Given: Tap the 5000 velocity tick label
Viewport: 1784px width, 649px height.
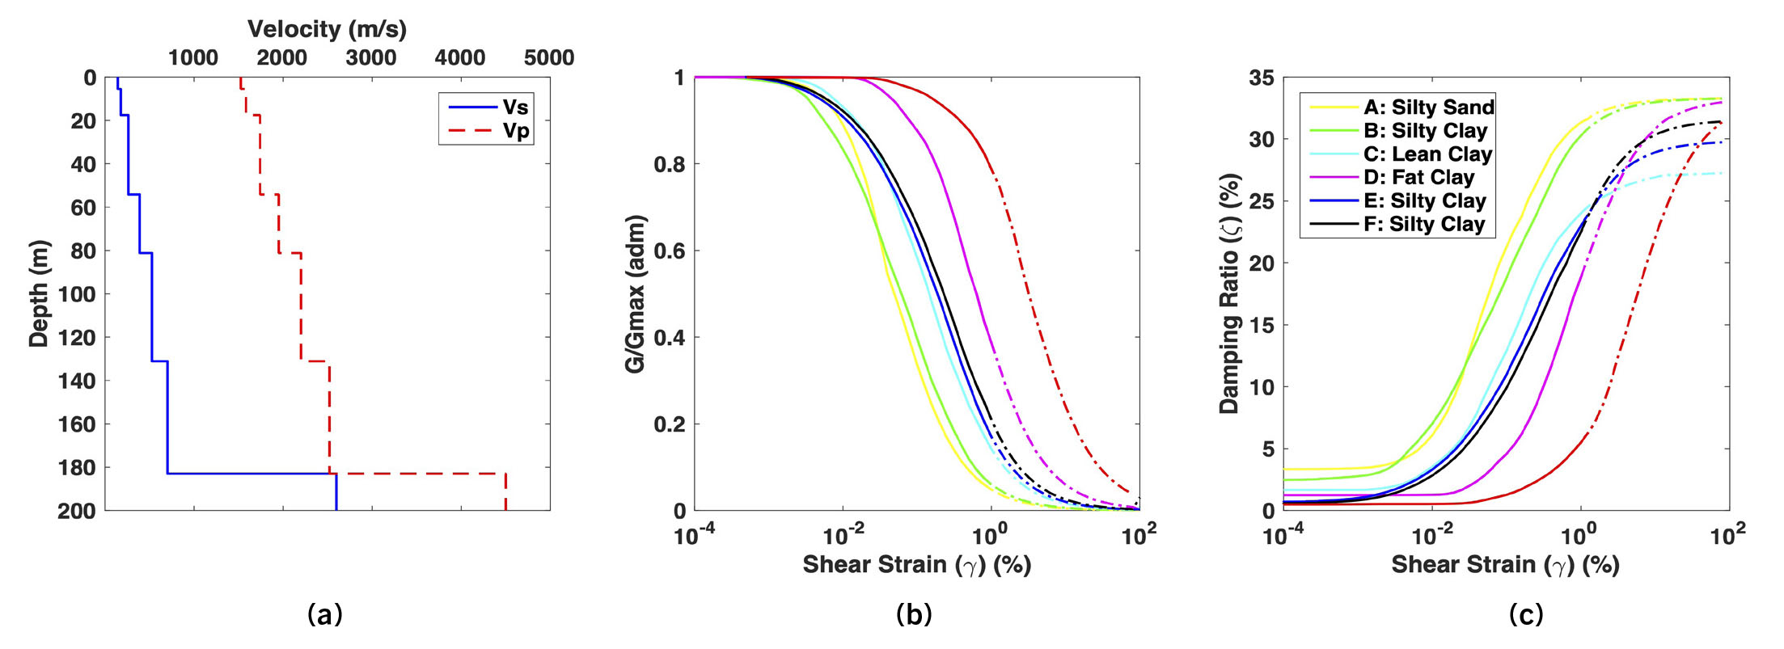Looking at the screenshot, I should pos(549,58).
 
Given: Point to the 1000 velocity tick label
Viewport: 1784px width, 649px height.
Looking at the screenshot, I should pos(193,58).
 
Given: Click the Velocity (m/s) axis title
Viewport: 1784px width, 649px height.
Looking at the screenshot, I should pos(327,29).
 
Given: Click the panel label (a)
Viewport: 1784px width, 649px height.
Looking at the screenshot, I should pos(325,615).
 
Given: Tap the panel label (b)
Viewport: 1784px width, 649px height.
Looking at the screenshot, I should pos(914,615).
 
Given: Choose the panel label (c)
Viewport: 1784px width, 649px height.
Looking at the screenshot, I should pos(1525,615).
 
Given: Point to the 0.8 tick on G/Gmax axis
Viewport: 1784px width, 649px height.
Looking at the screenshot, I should pos(670,165).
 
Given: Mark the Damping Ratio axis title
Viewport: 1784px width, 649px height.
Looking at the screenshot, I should pos(1229,294).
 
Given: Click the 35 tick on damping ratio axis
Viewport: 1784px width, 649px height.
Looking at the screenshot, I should pos(1262,78).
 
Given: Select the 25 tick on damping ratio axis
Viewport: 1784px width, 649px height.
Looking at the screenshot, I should pos(1262,201).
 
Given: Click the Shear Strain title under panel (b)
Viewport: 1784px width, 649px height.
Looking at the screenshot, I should pos(916,565).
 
